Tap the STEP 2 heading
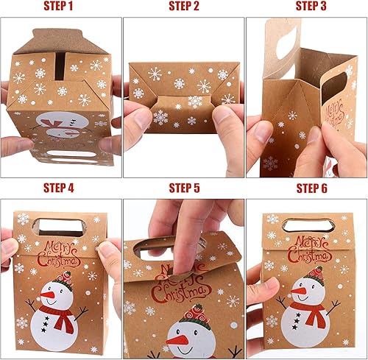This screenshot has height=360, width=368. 184,6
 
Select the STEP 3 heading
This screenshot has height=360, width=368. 311,6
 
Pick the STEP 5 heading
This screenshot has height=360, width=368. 184,188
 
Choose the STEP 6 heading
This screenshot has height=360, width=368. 311,188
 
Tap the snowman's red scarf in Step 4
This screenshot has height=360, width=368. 63,316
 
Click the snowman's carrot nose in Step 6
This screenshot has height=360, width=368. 297,292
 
